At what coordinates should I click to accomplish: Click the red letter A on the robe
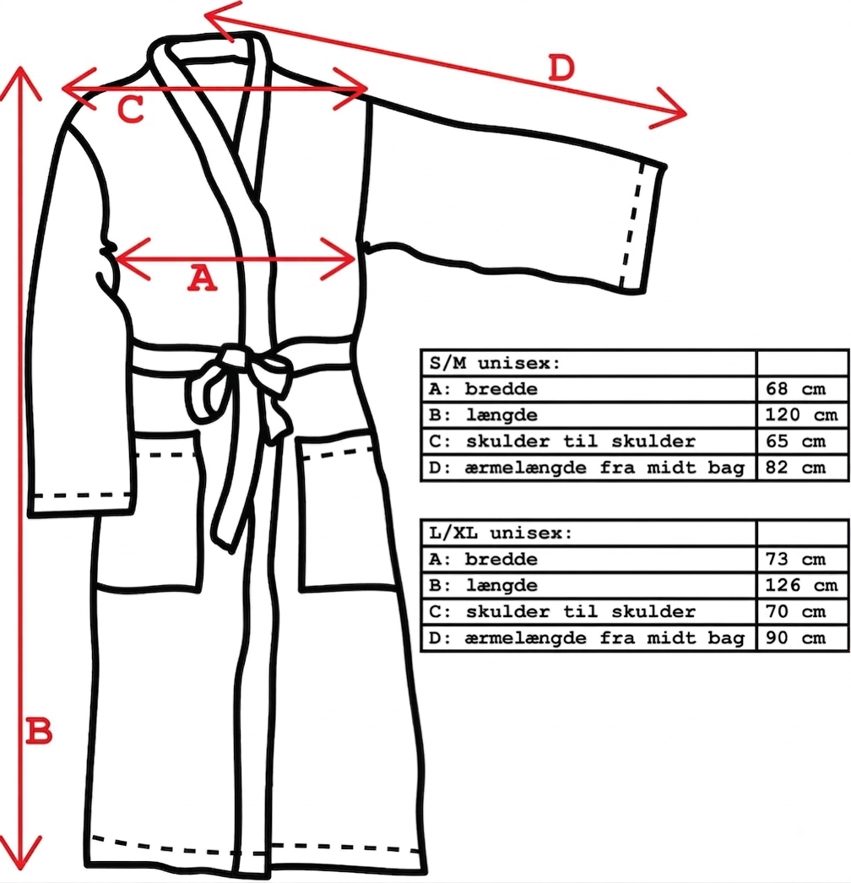[202, 279]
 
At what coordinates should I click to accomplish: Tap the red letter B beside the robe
[40, 732]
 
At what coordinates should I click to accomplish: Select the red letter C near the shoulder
[131, 109]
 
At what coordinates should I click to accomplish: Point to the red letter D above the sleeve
[561, 68]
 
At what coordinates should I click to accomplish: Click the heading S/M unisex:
[495, 363]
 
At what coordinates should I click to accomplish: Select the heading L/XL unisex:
[501, 534]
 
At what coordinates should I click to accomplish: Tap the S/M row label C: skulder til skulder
[561, 441]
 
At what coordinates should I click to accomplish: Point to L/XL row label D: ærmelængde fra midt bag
[586, 638]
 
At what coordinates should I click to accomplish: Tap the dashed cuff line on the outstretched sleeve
[632, 225]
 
